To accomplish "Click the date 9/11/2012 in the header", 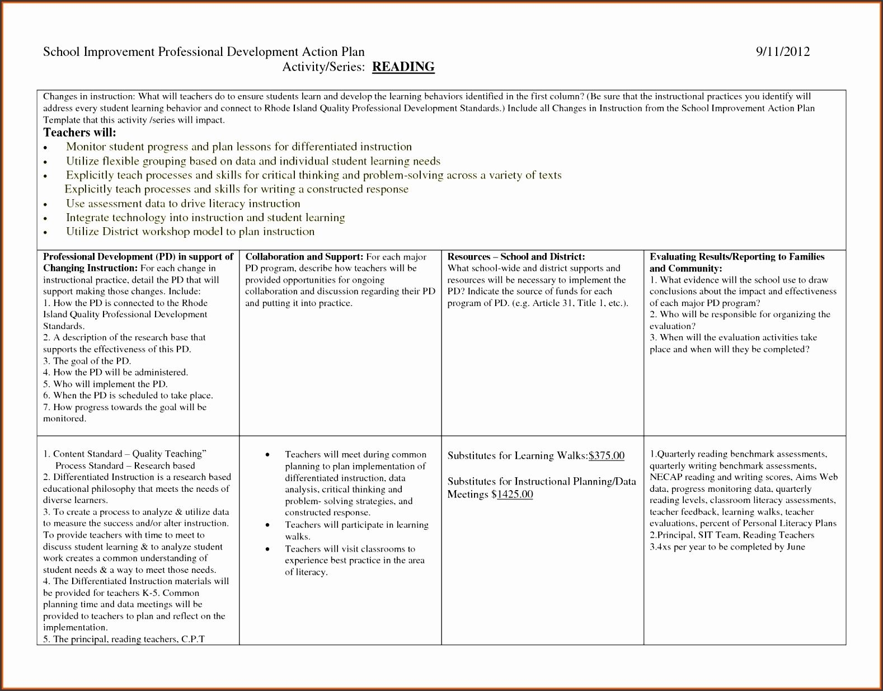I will (782, 52).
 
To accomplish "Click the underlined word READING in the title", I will (403, 67).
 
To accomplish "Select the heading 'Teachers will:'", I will (79, 133).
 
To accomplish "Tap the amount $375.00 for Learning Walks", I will (606, 455).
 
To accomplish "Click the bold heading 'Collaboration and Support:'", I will (304, 257).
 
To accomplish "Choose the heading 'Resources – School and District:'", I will (516, 257).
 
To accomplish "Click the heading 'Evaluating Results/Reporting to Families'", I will (736, 257).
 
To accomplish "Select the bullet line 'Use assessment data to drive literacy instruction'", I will (183, 204).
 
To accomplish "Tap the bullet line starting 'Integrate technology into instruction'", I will (205, 218).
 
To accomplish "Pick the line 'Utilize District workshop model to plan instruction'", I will (190, 232).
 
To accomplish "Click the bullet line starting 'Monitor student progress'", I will (239, 147).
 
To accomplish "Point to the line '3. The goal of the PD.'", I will (87, 361).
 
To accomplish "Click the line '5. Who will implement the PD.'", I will (105, 384).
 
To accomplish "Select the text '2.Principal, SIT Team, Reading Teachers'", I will (731, 535).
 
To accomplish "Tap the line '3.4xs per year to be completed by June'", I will (727, 547).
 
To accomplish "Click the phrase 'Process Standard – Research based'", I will (125, 466).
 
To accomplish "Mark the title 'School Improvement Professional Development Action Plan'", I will (204, 52).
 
